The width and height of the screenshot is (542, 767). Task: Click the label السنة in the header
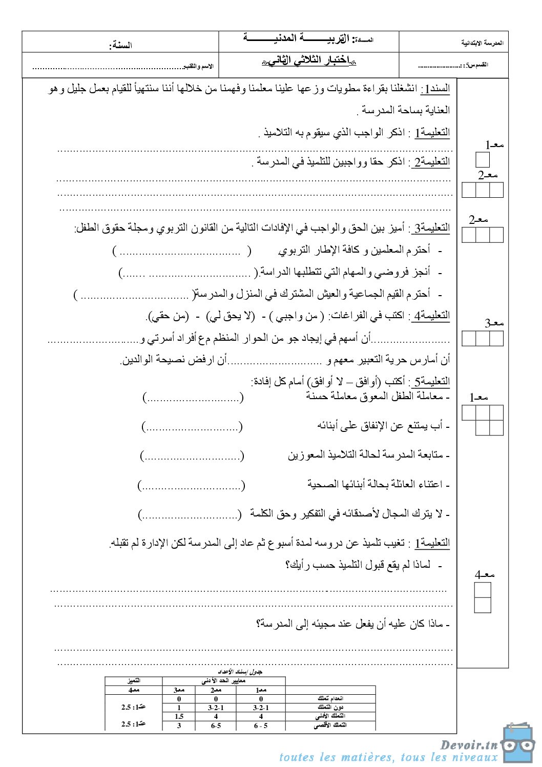(120, 45)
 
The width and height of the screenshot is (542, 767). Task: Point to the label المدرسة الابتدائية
(482, 44)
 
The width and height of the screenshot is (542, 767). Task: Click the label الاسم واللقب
(199, 67)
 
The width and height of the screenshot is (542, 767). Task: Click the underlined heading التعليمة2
(431, 162)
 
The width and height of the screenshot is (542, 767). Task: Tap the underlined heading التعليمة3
(431, 227)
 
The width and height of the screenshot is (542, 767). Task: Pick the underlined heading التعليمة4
(431, 316)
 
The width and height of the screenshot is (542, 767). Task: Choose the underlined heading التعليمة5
(431, 381)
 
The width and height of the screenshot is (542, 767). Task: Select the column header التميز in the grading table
(134, 681)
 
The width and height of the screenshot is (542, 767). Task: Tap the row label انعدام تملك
(330, 698)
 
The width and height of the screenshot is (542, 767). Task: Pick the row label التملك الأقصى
(330, 725)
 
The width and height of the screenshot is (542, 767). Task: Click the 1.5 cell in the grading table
(179, 717)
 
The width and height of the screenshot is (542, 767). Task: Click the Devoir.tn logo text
(469, 744)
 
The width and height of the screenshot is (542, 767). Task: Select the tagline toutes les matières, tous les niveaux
(388, 757)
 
